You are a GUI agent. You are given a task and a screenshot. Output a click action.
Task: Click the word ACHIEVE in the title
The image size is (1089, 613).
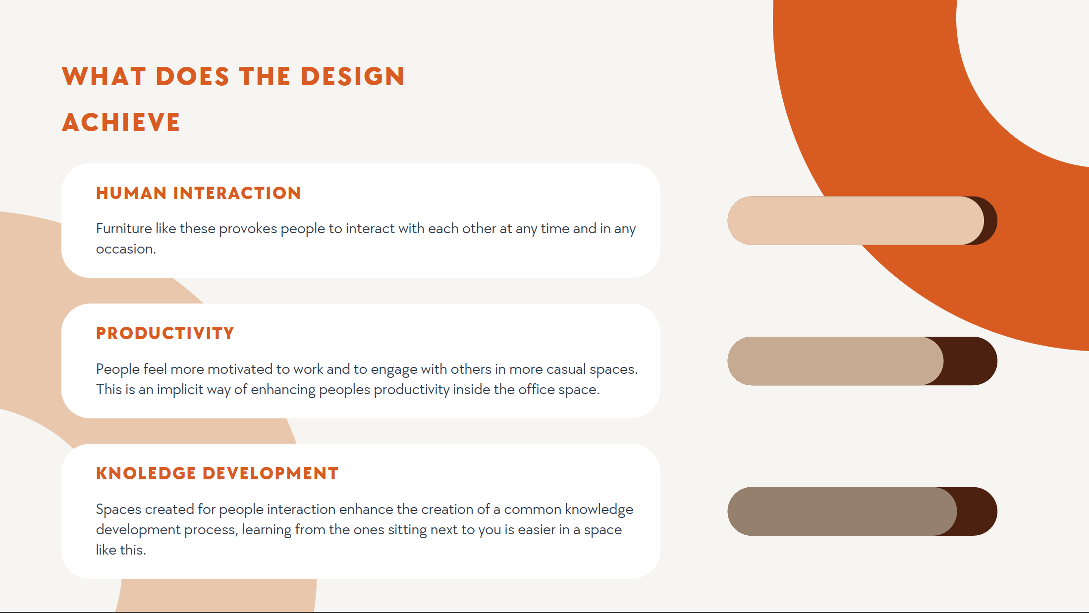point(121,122)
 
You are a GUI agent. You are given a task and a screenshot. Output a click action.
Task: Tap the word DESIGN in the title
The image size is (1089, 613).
point(353,77)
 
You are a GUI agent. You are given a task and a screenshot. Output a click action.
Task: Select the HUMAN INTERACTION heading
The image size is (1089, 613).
point(198,193)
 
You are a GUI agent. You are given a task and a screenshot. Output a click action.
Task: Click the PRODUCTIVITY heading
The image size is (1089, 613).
point(165,333)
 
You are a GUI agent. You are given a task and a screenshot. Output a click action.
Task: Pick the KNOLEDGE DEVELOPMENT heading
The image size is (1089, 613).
point(217,473)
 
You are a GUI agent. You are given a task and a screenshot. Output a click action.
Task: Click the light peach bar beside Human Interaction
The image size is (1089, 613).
point(852,221)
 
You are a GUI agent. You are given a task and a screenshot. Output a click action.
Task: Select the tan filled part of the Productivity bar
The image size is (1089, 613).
point(832,361)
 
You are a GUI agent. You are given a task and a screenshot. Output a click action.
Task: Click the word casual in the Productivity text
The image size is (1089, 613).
point(566,369)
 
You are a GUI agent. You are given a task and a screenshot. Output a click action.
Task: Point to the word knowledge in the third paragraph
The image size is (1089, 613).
point(599,510)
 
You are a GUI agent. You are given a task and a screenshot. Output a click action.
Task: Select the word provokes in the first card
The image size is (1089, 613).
point(248,229)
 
